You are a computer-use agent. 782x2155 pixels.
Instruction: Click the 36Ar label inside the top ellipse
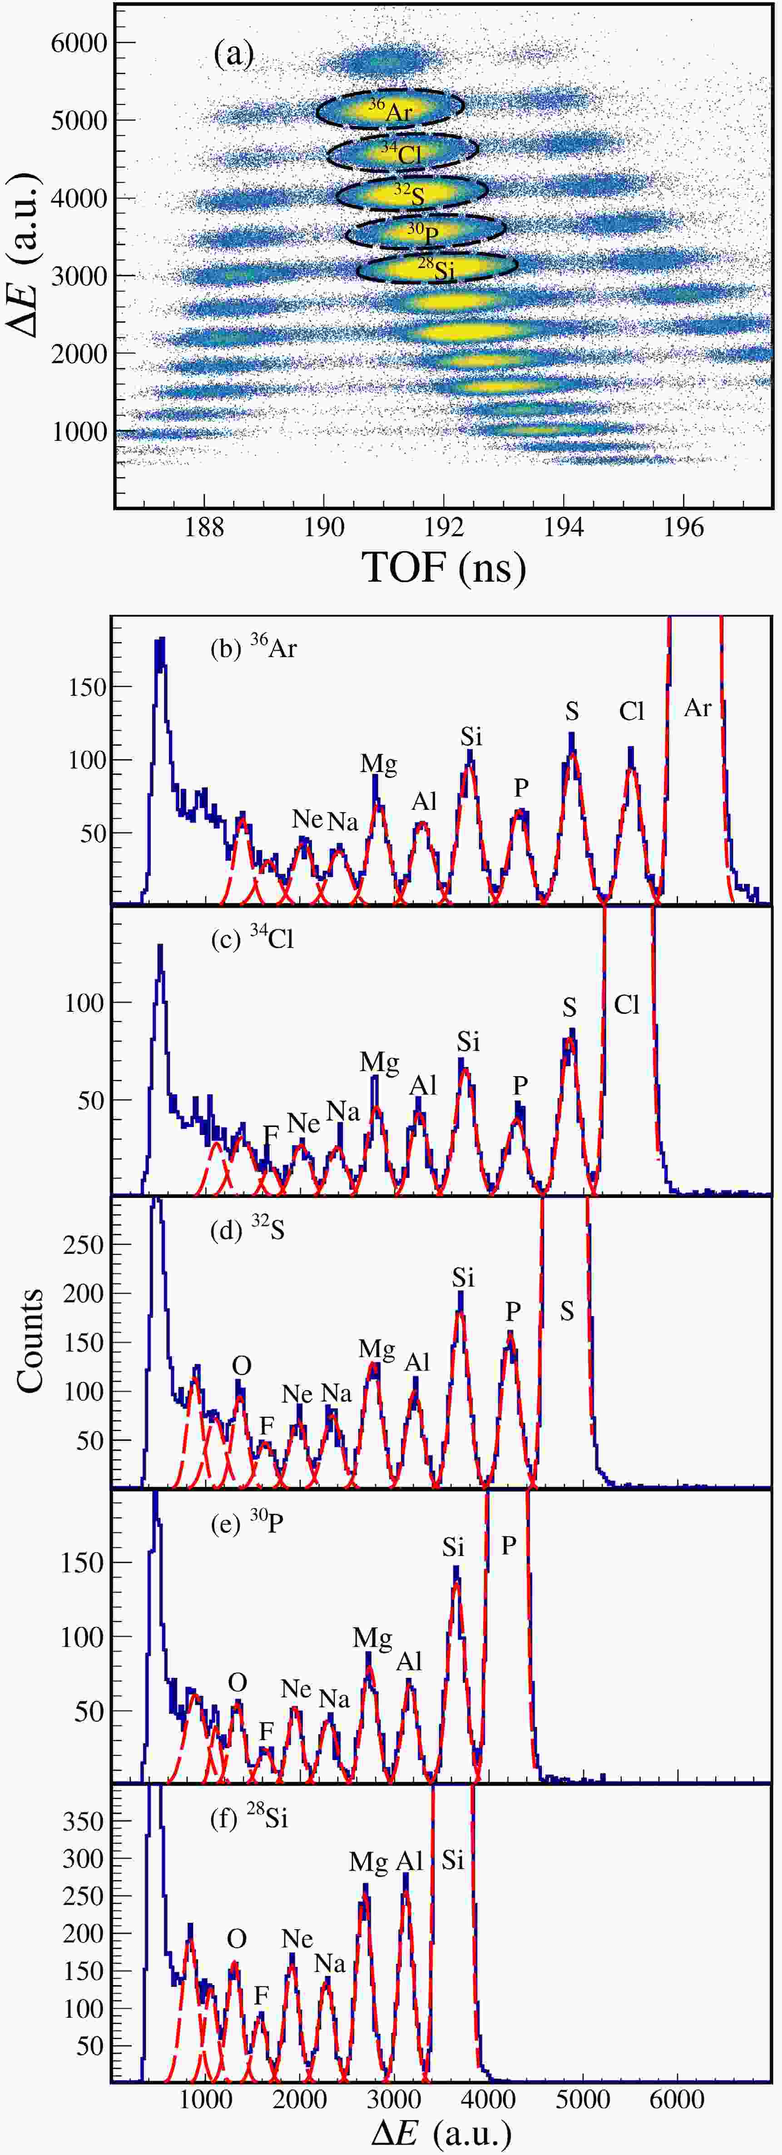(x=391, y=110)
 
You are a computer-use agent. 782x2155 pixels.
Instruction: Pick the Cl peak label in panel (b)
(x=632, y=711)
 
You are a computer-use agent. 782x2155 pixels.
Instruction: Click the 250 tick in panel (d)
(x=88, y=1244)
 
